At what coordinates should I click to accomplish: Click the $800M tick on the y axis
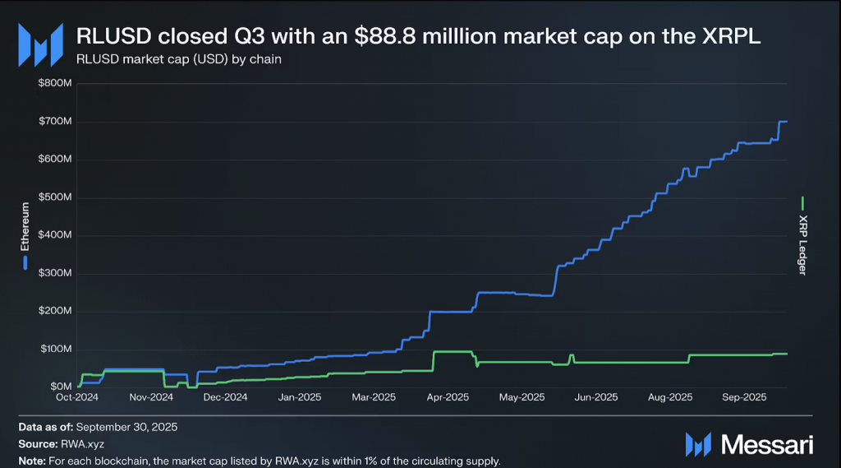pos(55,83)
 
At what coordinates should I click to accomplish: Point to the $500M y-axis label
pos(55,197)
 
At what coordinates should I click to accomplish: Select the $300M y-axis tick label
pos(55,274)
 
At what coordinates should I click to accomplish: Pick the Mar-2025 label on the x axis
pos(374,397)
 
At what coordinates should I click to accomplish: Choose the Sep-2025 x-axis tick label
pos(744,397)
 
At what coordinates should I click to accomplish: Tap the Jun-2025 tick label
pos(595,397)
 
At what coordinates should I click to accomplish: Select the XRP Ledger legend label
pos(803,244)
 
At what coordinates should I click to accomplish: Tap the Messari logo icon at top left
pos(40,44)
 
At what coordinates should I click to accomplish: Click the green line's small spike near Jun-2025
pos(572,355)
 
